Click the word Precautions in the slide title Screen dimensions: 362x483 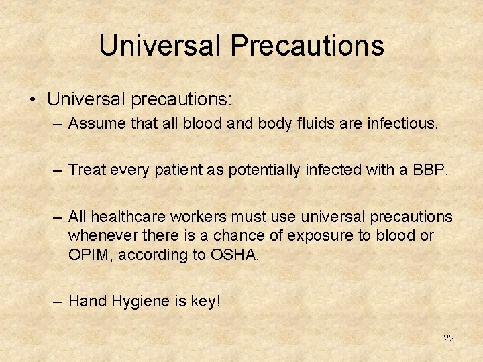pos(307,46)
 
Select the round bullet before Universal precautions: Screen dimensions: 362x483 pos(33,101)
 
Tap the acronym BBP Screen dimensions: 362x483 pos(429,170)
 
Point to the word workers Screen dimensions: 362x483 pos(197,217)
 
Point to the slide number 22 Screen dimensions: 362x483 pos(449,338)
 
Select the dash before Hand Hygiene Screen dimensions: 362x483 pos(58,302)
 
